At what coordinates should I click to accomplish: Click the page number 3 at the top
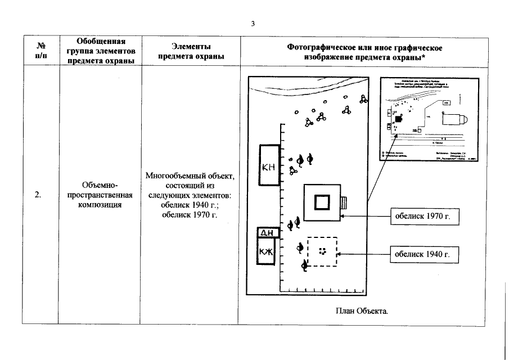(x=253, y=24)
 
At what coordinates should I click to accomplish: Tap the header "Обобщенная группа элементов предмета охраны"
(x=100, y=51)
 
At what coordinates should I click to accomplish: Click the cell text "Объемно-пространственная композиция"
(x=99, y=195)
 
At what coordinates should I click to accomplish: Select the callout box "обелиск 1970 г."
(x=420, y=215)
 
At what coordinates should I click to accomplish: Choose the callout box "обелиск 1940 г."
(x=420, y=254)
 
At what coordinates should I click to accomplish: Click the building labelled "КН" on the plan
(x=270, y=165)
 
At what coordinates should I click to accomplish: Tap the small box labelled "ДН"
(x=265, y=232)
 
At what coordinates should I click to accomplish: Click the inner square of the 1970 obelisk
(x=322, y=202)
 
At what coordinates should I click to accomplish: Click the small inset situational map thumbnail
(x=430, y=119)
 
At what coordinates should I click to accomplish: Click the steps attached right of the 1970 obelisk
(x=344, y=202)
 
